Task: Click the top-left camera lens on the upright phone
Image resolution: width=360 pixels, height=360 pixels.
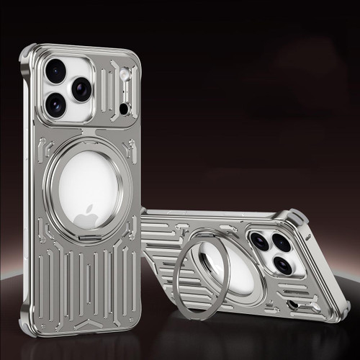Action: [x=55, y=71]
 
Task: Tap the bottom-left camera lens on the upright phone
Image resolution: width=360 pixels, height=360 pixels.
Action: [x=55, y=105]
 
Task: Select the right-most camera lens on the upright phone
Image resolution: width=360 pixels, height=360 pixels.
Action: [x=81, y=89]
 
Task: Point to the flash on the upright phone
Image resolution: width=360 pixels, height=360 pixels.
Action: [x=124, y=73]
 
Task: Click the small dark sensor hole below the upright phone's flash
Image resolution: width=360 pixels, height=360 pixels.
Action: [x=124, y=108]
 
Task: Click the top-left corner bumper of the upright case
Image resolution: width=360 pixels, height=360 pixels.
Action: [x=29, y=55]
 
